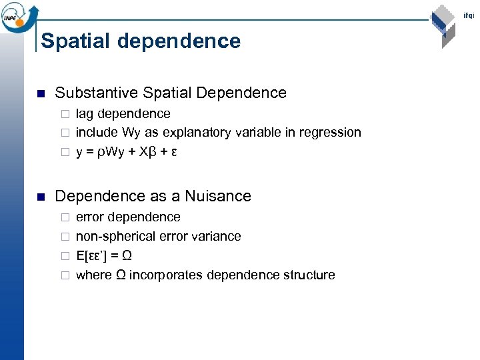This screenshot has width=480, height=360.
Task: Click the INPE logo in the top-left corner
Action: pos(19,15)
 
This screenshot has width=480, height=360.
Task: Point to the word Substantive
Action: pos(96,93)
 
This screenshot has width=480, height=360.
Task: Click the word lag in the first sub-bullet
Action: pos(85,113)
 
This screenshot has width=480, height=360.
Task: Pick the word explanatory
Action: pos(199,132)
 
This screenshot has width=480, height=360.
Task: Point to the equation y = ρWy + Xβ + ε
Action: pos(126,151)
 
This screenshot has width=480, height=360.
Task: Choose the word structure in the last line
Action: pos(309,275)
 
